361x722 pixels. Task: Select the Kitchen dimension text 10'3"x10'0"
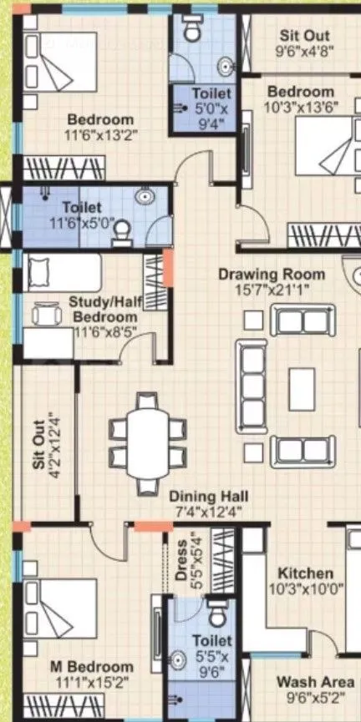(307, 589)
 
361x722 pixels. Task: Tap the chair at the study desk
(47, 315)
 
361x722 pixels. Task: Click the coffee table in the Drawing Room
(302, 390)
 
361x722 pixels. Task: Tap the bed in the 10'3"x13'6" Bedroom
(330, 150)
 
